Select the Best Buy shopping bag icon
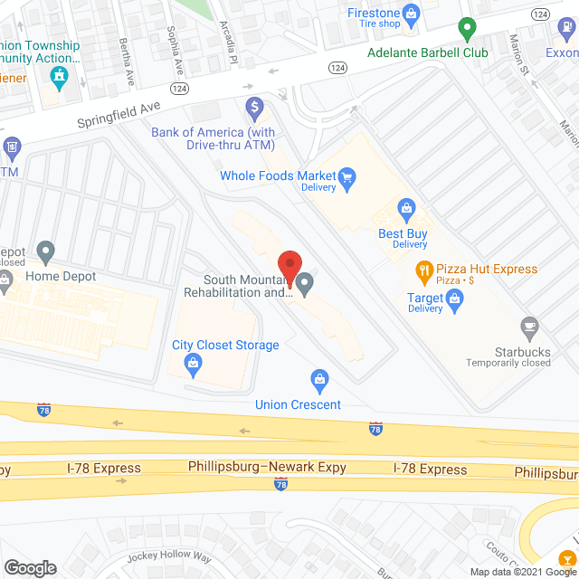(x=406, y=211)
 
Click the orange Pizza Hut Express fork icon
(x=422, y=270)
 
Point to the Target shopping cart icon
(x=456, y=308)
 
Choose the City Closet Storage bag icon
(x=192, y=364)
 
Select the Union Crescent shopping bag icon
(x=318, y=378)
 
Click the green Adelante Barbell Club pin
(x=467, y=31)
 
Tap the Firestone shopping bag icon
(x=412, y=14)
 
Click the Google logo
(x=30, y=567)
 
